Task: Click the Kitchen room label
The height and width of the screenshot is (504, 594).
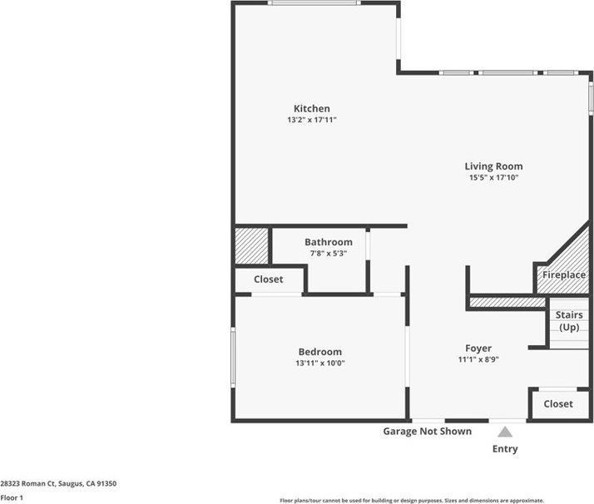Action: (311, 109)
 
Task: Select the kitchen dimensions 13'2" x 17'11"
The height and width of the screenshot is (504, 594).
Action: (311, 121)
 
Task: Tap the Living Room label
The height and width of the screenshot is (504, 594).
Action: (493, 166)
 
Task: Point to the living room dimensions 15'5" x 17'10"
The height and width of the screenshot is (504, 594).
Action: (493, 178)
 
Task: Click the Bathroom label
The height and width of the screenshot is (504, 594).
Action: (328, 242)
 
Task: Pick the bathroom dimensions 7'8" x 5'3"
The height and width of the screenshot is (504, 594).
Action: (328, 254)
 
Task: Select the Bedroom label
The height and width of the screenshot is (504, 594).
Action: (319, 352)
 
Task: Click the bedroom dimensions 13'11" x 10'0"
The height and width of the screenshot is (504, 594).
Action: (319, 363)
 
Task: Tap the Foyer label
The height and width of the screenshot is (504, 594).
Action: (478, 348)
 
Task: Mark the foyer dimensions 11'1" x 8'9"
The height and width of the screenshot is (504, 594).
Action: (478, 360)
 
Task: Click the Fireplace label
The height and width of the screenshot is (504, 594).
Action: (564, 275)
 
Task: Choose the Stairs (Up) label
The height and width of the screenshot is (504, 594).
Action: (569, 321)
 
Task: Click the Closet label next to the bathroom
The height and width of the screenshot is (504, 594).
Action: (268, 279)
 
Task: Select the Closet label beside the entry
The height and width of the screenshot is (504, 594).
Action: (558, 404)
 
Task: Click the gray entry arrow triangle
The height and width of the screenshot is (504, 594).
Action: (505, 432)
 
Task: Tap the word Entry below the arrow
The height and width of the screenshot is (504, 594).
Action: (505, 449)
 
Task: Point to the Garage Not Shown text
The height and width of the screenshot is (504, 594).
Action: (427, 432)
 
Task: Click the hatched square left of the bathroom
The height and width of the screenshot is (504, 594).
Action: (251, 246)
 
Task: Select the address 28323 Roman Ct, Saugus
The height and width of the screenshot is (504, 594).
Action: (58, 483)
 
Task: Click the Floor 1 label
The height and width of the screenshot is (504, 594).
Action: (12, 498)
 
